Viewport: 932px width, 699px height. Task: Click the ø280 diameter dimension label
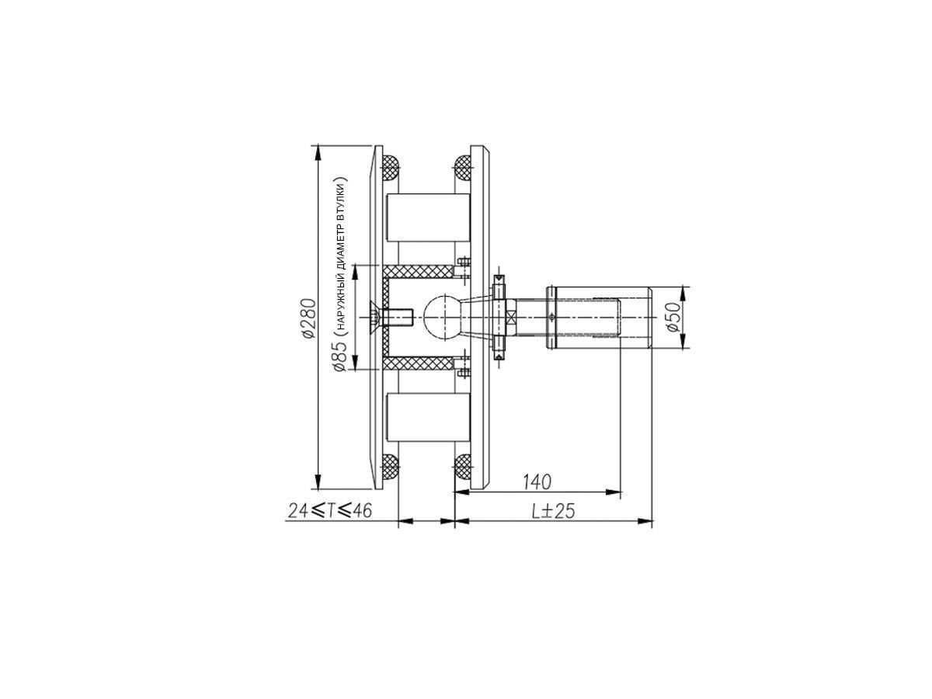click(309, 318)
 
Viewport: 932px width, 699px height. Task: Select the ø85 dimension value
click(341, 355)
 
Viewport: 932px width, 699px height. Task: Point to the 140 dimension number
click(537, 482)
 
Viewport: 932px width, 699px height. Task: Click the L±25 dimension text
click(553, 511)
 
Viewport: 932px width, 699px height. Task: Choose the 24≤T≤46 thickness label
click(330, 510)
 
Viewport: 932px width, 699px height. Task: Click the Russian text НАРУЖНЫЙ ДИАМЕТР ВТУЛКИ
click(342, 254)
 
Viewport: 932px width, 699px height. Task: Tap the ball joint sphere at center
click(443, 317)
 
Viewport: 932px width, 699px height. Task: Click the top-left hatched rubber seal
click(390, 168)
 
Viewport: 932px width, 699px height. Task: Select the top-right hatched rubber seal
click(463, 168)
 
